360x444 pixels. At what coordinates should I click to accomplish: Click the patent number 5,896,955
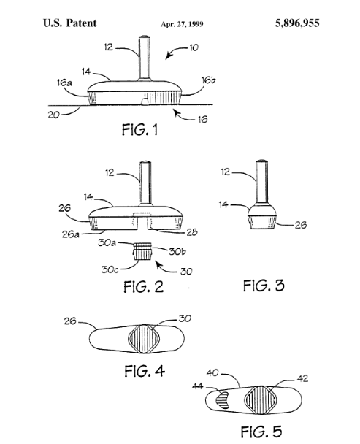coord(297,23)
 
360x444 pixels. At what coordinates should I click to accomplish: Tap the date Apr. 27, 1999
coord(182,24)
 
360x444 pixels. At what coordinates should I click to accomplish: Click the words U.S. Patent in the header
coord(69,23)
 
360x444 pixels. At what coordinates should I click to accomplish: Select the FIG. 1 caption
coord(139,130)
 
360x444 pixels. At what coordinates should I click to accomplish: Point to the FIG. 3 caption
coord(264,285)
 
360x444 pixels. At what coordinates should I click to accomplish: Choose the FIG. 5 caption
coord(261,432)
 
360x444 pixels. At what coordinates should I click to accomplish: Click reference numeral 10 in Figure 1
coord(194,47)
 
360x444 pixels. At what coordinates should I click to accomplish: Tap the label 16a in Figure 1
coord(64,83)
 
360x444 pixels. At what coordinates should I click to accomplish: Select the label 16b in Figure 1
coord(208,80)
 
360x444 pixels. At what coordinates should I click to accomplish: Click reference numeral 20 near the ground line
coord(53,115)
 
